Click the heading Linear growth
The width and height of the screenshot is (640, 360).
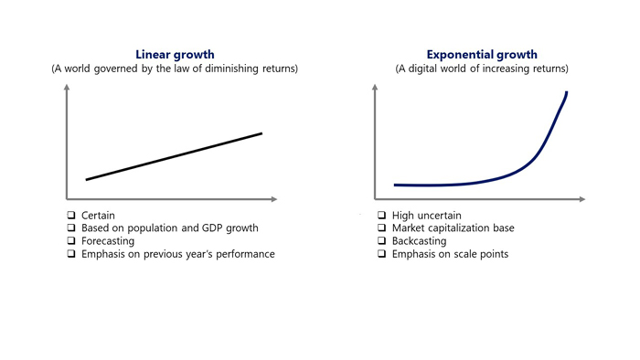pos(175,55)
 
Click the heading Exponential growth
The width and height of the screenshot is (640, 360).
pos(482,55)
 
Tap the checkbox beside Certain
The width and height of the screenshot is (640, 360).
pos(71,215)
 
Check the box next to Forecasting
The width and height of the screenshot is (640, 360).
pos(71,240)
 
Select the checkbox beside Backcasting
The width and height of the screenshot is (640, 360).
pos(381,240)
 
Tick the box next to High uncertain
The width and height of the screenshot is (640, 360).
pos(381,215)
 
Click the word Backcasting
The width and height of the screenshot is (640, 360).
pos(419,241)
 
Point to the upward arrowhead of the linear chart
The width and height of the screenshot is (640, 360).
pos(67,87)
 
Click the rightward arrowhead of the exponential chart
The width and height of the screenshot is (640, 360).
pos(582,199)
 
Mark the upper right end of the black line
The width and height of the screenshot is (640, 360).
pos(261,133)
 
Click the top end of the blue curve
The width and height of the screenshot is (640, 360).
pos(567,92)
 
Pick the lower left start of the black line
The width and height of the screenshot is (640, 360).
pos(87,179)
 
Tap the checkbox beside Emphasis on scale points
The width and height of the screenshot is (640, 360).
pos(381,254)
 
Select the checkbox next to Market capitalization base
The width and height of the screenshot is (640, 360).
pos(381,228)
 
